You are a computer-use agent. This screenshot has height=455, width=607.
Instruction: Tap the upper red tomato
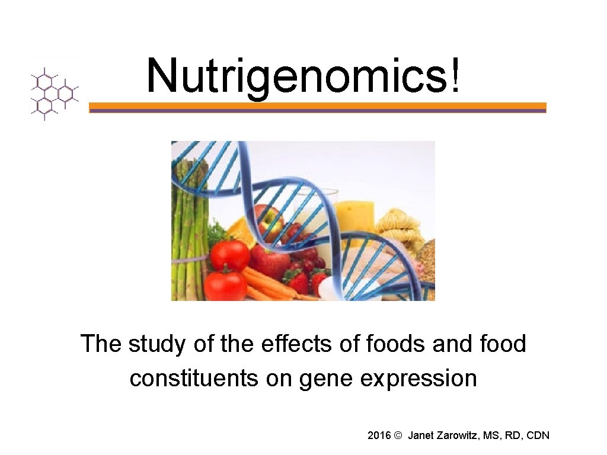pos(230,254)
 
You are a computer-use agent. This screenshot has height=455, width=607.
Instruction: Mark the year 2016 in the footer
pos(379,435)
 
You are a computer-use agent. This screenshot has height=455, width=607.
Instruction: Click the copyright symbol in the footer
pos(398,435)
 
